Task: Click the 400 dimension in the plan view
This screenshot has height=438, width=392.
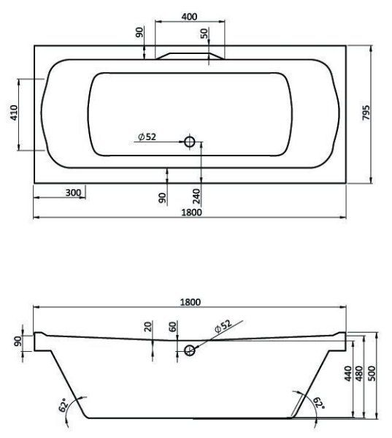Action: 189,16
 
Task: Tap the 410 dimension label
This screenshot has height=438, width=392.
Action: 14,113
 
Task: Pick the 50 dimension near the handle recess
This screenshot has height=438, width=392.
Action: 204,34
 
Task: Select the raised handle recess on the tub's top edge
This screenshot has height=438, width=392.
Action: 189,55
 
